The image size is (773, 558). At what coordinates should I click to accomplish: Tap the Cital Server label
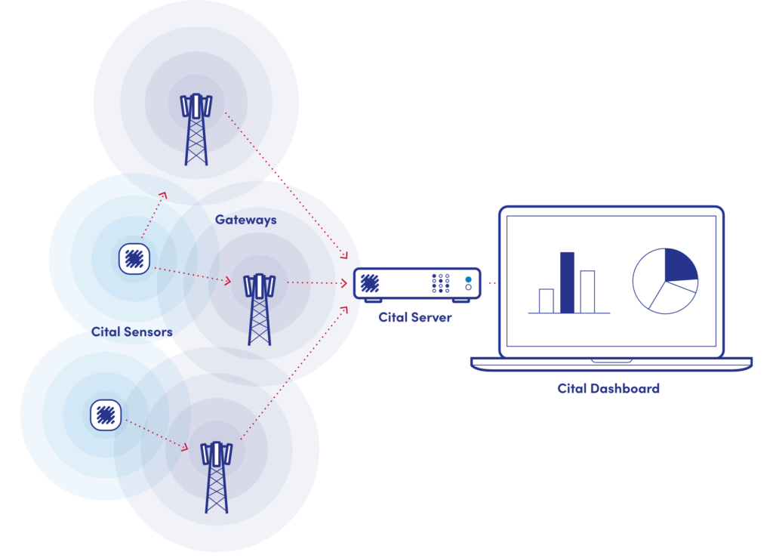[x=415, y=317]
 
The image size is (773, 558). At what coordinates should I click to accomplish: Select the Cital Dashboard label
[x=608, y=389]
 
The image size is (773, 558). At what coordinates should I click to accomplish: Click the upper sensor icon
[x=134, y=259]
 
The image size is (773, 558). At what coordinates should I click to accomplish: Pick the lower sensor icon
[x=106, y=415]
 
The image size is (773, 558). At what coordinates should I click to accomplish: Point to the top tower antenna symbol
[x=196, y=106]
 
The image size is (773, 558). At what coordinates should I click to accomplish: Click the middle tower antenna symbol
[x=259, y=285]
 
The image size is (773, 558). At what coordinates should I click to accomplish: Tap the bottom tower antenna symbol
[x=217, y=453]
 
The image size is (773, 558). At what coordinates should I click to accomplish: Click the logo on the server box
[x=370, y=283]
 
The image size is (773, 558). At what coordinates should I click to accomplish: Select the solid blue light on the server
[x=468, y=279]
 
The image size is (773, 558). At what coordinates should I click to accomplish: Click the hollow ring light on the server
[x=468, y=288]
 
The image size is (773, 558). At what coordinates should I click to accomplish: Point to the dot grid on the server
[x=441, y=283]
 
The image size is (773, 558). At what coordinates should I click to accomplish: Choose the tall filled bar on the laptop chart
[x=567, y=282]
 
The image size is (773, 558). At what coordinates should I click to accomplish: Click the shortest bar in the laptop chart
[x=546, y=301]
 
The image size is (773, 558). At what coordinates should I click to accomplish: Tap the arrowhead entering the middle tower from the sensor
[x=226, y=281]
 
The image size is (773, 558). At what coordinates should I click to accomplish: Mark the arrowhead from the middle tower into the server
[x=343, y=283]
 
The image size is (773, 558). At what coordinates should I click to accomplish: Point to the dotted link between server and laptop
[x=491, y=284]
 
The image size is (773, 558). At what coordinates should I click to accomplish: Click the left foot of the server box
[x=373, y=301]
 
